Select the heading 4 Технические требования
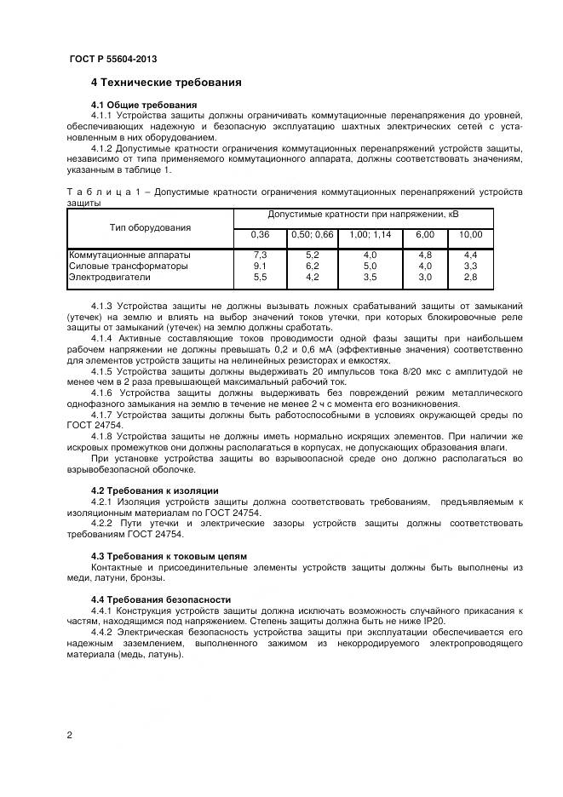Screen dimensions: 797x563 [166, 83]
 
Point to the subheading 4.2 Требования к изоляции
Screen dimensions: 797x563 [154, 490]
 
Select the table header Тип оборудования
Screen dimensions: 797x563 [150, 227]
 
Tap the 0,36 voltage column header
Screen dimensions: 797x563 [260, 235]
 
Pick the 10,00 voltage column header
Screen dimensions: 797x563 [470, 235]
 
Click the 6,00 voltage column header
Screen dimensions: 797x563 [424, 235]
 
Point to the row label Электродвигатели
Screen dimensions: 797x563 [108, 277]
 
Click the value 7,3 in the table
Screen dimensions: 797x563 [260, 255]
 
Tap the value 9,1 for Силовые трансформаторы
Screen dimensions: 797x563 [260, 266]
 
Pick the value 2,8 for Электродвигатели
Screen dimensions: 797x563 [470, 277]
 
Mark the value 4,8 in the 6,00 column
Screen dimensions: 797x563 [424, 255]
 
